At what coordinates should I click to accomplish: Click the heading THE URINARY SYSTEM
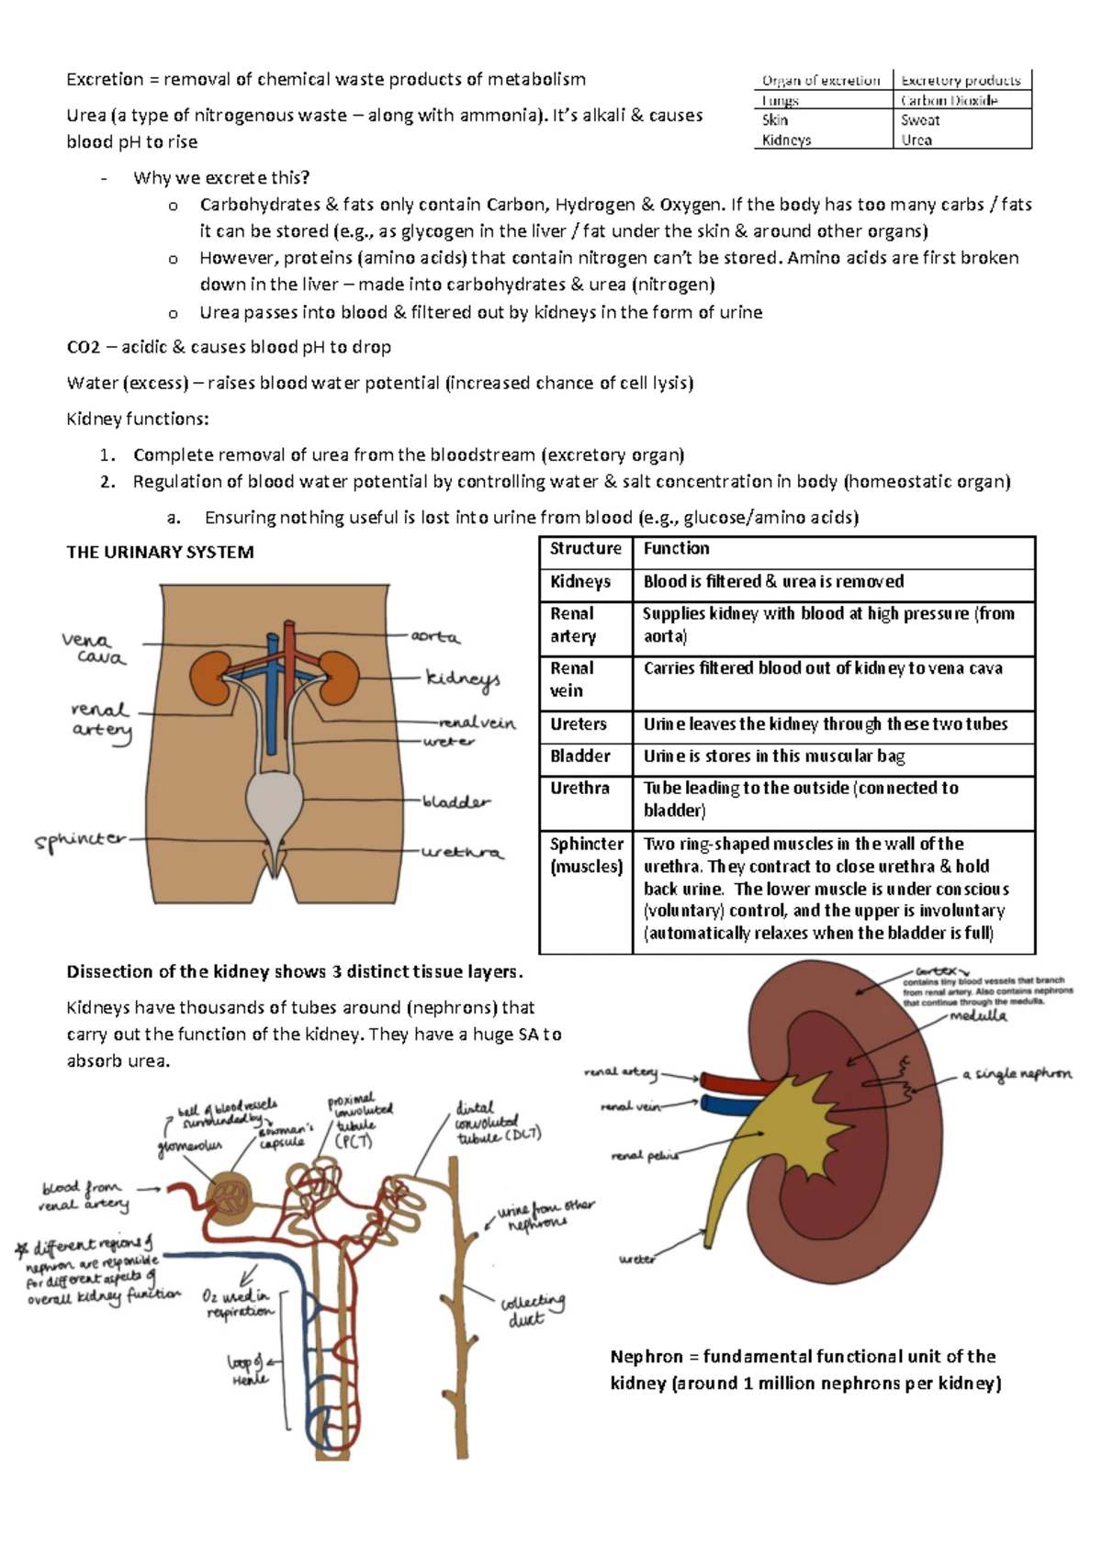tap(160, 552)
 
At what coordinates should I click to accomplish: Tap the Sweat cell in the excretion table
tap(919, 120)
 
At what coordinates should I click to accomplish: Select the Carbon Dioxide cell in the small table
tap(949, 100)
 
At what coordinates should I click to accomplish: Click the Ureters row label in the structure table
tap(578, 724)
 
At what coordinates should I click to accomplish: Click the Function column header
tap(676, 548)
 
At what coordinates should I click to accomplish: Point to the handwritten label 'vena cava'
tap(93, 648)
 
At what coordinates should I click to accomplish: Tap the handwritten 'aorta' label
tap(434, 636)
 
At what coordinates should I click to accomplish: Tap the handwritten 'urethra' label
tap(462, 853)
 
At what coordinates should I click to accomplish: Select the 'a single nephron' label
tap(1017, 1073)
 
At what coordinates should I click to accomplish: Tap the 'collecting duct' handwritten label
tap(532, 1310)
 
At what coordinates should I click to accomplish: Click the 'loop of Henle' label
tap(247, 1370)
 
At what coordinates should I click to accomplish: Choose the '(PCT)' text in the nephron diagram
tap(354, 1141)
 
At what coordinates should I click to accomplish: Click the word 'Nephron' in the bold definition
tap(646, 1356)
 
